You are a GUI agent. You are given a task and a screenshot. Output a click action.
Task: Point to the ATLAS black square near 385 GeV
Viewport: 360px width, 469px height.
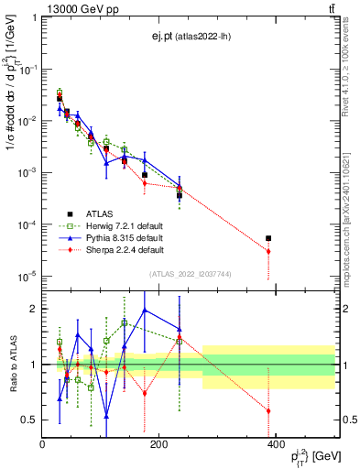(x=268, y=238)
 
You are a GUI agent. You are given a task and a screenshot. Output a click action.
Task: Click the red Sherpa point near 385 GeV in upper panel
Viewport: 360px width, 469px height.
(x=268, y=252)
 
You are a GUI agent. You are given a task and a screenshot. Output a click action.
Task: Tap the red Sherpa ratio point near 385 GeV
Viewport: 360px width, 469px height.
(x=268, y=410)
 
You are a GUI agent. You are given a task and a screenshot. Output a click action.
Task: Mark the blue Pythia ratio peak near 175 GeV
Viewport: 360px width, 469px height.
(x=145, y=310)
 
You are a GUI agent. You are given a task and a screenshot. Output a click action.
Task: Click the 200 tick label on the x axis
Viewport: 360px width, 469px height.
(x=158, y=444)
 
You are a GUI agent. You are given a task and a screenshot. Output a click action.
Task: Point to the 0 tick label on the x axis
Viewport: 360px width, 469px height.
(x=42, y=444)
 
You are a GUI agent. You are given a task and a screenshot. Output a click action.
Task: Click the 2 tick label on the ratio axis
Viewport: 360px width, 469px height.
(x=33, y=309)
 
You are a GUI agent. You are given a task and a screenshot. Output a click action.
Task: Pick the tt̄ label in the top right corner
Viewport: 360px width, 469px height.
(x=331, y=8)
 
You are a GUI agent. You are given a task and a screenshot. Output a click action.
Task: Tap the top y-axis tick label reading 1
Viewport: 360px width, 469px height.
(x=35, y=16)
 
